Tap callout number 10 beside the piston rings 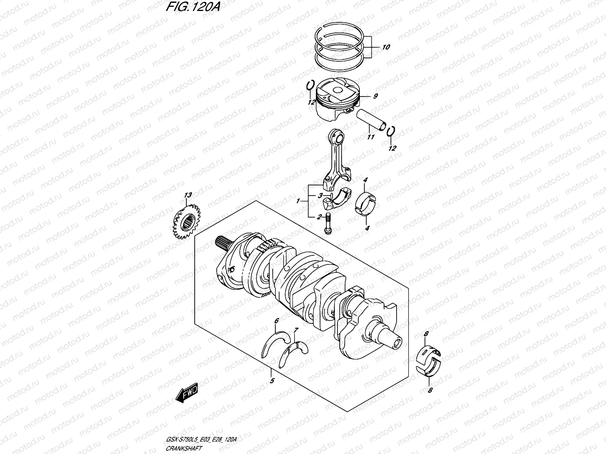click(386, 48)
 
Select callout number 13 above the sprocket click(188, 195)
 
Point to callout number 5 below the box click(272, 381)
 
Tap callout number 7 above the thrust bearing click(296, 330)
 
